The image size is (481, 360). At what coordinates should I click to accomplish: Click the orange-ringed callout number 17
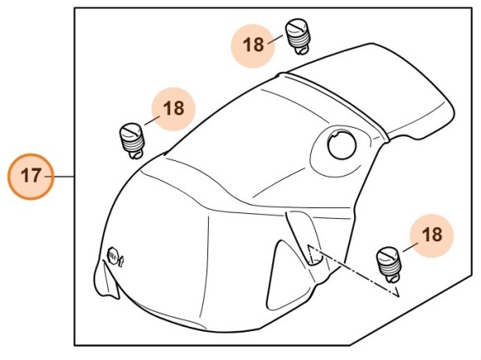[31, 176]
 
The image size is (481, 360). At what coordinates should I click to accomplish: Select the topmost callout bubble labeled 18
[254, 42]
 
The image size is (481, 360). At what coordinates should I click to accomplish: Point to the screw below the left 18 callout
[132, 139]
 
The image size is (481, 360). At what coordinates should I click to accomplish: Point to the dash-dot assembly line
[352, 270]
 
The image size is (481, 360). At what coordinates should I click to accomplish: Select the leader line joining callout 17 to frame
[64, 176]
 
